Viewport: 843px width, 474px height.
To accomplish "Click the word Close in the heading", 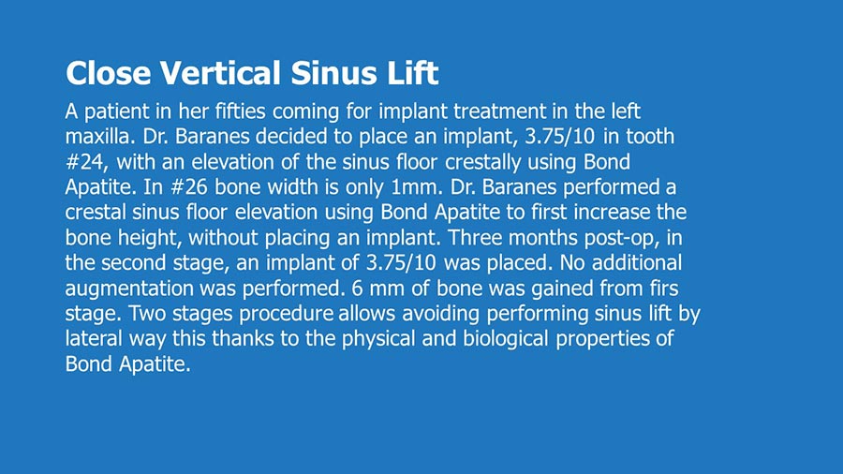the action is click(x=108, y=73).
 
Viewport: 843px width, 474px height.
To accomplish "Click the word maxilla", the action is click(x=99, y=137).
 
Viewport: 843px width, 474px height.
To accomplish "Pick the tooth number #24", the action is click(x=86, y=162).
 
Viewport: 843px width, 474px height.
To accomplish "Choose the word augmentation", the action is click(x=129, y=289).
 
